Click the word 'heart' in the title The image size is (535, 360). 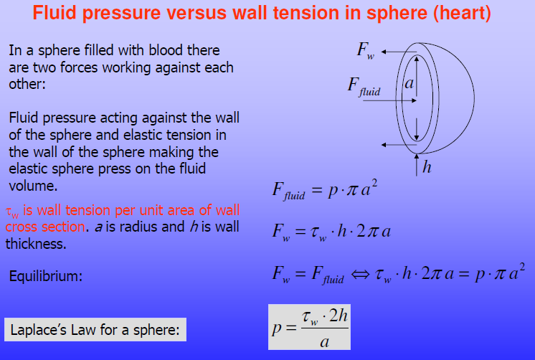click(462, 13)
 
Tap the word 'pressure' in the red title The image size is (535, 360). click(121, 14)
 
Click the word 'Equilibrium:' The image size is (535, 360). click(46, 275)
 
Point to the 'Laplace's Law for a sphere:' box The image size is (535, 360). click(95, 330)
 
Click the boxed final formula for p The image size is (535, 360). click(309, 327)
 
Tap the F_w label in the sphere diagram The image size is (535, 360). click(366, 50)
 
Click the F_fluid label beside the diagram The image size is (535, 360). click(364, 86)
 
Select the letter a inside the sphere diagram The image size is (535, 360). click(409, 83)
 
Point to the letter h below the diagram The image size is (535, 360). click(427, 167)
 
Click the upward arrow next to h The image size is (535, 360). click(417, 165)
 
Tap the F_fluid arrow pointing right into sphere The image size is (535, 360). click(390, 100)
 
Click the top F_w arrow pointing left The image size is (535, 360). click(399, 52)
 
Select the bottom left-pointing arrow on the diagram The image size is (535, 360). click(399, 145)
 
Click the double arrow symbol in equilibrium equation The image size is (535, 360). click(360, 274)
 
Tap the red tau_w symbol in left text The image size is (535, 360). click(12, 212)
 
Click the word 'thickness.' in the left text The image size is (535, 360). click(36, 244)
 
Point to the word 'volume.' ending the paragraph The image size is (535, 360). click(33, 186)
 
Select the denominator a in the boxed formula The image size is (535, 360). click(324, 342)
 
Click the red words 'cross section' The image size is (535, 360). click(45, 227)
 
